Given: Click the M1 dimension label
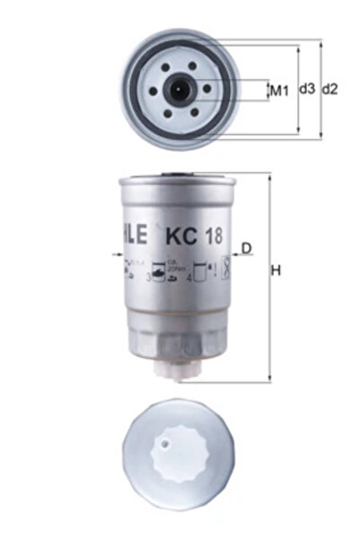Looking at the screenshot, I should [278, 90].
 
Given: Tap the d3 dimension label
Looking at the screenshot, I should [307, 90].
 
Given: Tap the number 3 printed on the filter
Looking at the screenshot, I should [148, 279].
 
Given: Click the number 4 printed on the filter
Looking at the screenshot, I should [189, 279].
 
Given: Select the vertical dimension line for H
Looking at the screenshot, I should [268, 279].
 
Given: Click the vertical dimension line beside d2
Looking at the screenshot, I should [320, 90].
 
